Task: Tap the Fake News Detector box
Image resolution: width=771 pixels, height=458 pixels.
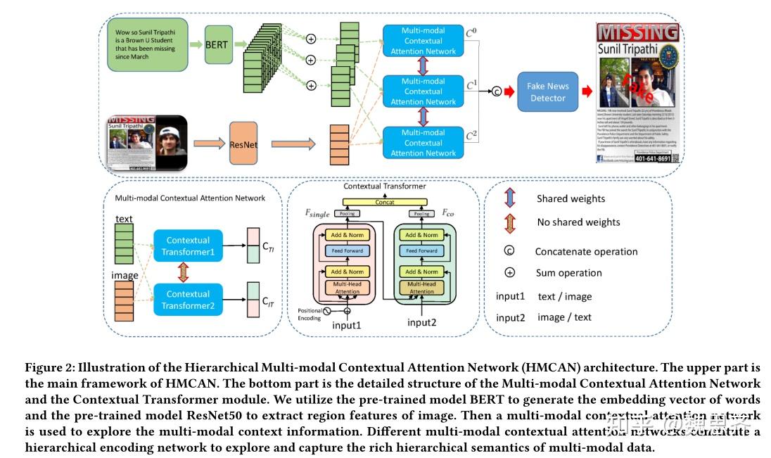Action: pos(547,91)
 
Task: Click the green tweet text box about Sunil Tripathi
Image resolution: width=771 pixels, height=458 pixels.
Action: pos(148,45)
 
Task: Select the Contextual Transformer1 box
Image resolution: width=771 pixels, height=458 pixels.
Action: pos(188,246)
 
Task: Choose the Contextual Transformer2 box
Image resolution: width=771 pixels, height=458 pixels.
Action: pos(188,300)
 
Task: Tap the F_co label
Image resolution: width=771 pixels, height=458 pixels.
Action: pos(448,211)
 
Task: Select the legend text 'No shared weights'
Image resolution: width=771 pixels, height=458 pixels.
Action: pos(578,222)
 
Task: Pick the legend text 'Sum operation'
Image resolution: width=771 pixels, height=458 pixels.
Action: pos(568,273)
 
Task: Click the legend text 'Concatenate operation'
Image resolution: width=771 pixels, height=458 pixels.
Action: pos(586,252)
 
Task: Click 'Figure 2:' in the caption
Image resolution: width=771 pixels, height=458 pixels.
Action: pos(49,368)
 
